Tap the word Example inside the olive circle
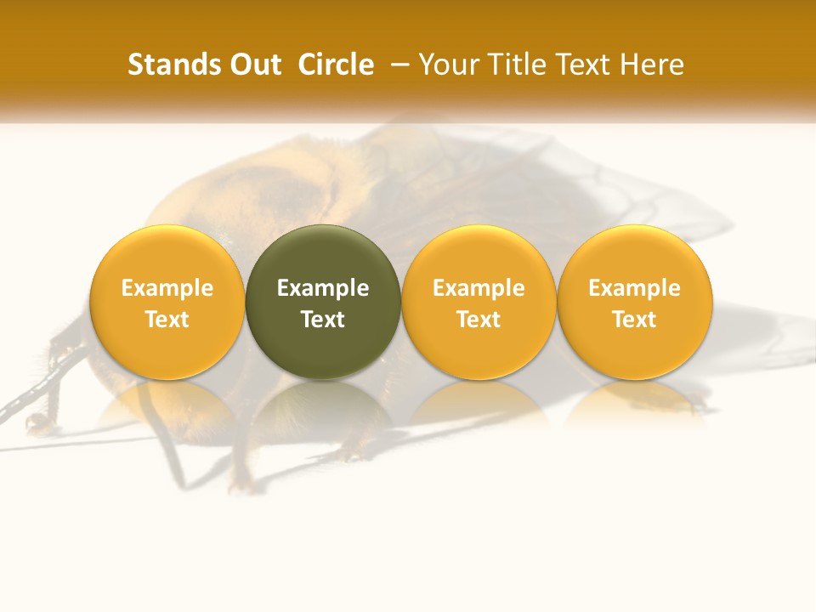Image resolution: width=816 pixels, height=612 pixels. pyautogui.click(x=323, y=288)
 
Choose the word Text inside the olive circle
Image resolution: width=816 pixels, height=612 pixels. pyautogui.click(x=323, y=320)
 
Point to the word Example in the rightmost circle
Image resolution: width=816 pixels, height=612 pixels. pyautogui.click(x=635, y=288)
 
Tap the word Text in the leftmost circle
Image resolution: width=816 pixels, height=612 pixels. pyautogui.click(x=167, y=320)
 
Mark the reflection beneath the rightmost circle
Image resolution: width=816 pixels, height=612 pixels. pyautogui.click(x=635, y=403)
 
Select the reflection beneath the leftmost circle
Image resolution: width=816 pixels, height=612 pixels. pyautogui.click(x=167, y=405)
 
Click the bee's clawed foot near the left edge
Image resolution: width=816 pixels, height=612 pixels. pyautogui.click(x=36, y=422)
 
